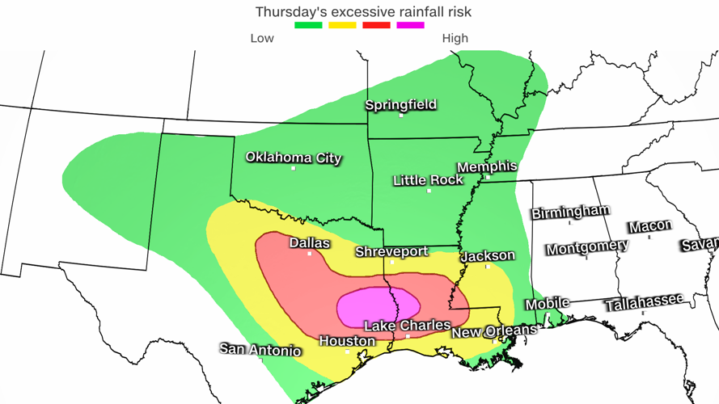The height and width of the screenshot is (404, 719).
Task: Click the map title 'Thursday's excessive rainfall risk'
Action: click(363, 12)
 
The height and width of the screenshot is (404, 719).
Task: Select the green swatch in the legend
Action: click(308, 25)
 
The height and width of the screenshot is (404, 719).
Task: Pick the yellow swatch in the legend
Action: click(342, 25)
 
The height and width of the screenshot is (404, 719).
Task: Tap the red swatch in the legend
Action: click(376, 25)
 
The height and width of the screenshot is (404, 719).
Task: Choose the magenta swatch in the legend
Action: click(410, 25)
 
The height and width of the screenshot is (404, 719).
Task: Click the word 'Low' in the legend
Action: click(262, 38)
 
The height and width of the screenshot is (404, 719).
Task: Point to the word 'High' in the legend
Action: click(455, 38)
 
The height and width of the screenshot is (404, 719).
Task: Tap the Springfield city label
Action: click(401, 105)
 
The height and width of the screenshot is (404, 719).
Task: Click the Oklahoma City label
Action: click(294, 158)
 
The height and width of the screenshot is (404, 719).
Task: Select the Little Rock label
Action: click(428, 181)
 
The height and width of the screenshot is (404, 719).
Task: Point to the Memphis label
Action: click(487, 166)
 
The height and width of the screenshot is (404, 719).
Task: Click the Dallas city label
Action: click(310, 243)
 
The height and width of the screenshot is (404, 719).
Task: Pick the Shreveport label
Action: click(391, 252)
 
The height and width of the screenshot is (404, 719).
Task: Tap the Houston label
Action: click(348, 342)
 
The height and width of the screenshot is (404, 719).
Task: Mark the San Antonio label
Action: click(260, 350)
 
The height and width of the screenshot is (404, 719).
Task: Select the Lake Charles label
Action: click(407, 326)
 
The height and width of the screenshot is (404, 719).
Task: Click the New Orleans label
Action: click(494, 331)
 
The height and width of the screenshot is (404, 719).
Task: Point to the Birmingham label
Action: click(570, 212)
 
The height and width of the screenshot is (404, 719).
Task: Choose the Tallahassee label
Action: click(644, 303)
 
